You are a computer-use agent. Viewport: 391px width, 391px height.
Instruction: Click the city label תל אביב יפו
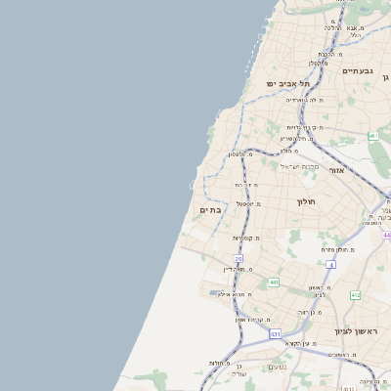tap(288, 84)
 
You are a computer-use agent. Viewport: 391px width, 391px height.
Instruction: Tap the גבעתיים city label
tap(359, 70)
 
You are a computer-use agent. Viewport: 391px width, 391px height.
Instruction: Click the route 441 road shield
tap(274, 282)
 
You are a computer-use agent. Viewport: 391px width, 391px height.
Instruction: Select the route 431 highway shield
tap(275, 331)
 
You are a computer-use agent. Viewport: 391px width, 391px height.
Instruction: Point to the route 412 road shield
tap(355, 294)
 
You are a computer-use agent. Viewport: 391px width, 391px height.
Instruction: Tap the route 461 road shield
tap(373, 135)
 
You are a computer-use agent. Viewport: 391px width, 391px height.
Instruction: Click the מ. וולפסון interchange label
tap(241, 154)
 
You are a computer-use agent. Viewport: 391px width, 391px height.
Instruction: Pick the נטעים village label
tap(277, 367)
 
